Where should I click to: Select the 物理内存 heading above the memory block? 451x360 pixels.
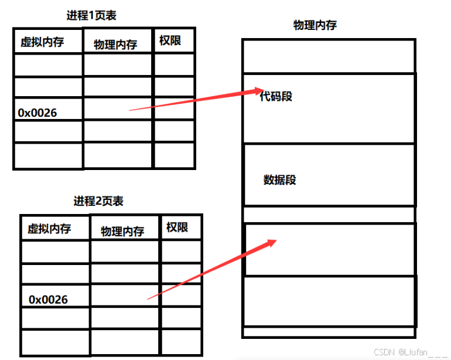tap(315, 25)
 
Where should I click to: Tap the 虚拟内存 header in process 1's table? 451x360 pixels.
tap(42, 42)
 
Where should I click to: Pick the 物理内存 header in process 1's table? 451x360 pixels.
tap(115, 45)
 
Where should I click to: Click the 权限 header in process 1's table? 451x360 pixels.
tap(170, 41)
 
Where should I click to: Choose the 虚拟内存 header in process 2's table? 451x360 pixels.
tap(49, 229)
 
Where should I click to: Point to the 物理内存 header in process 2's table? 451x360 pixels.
tap(122, 231)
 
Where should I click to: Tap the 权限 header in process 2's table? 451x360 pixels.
tap(177, 227)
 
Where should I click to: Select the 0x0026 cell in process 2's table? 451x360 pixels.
tap(48, 300)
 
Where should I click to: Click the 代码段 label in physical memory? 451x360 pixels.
tap(276, 97)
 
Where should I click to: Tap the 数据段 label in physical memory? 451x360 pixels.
tap(280, 180)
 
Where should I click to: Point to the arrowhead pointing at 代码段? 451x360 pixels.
tap(259, 90)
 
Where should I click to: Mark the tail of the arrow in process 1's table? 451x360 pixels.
tap(130, 110)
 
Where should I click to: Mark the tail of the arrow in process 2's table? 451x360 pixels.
tap(148, 298)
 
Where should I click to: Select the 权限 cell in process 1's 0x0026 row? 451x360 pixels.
tap(174, 109)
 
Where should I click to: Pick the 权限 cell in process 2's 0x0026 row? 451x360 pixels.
tap(181, 296)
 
